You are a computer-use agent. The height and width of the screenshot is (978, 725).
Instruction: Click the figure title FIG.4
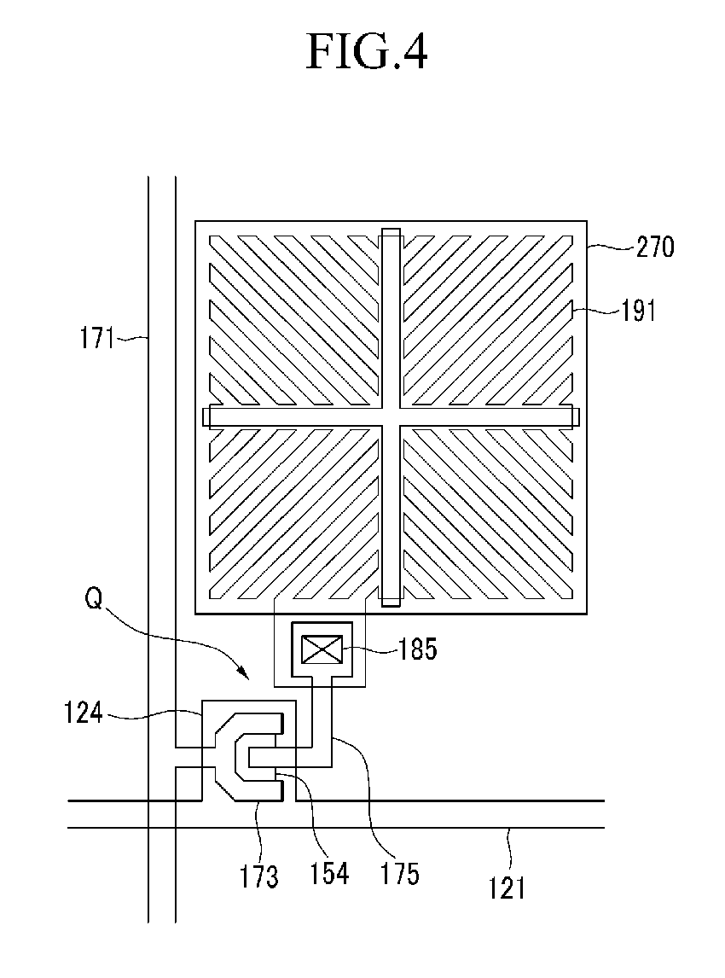pos(367,53)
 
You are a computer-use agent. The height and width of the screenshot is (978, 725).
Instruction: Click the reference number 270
pos(655,247)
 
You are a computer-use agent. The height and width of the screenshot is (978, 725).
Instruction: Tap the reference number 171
pos(97,339)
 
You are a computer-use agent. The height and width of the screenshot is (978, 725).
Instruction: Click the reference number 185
pos(418,649)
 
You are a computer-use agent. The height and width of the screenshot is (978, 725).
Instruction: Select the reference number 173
pos(259,876)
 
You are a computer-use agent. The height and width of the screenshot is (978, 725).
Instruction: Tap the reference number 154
pos(330,872)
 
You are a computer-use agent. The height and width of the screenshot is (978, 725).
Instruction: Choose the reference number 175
pos(401,874)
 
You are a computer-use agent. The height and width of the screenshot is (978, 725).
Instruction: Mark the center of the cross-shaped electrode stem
pos(390,416)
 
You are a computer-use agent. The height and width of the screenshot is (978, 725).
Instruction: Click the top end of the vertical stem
pos(390,232)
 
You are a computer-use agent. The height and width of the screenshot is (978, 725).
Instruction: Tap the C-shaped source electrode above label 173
pos(223,754)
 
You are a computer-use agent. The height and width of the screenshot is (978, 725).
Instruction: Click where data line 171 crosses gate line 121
pos(162,814)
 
